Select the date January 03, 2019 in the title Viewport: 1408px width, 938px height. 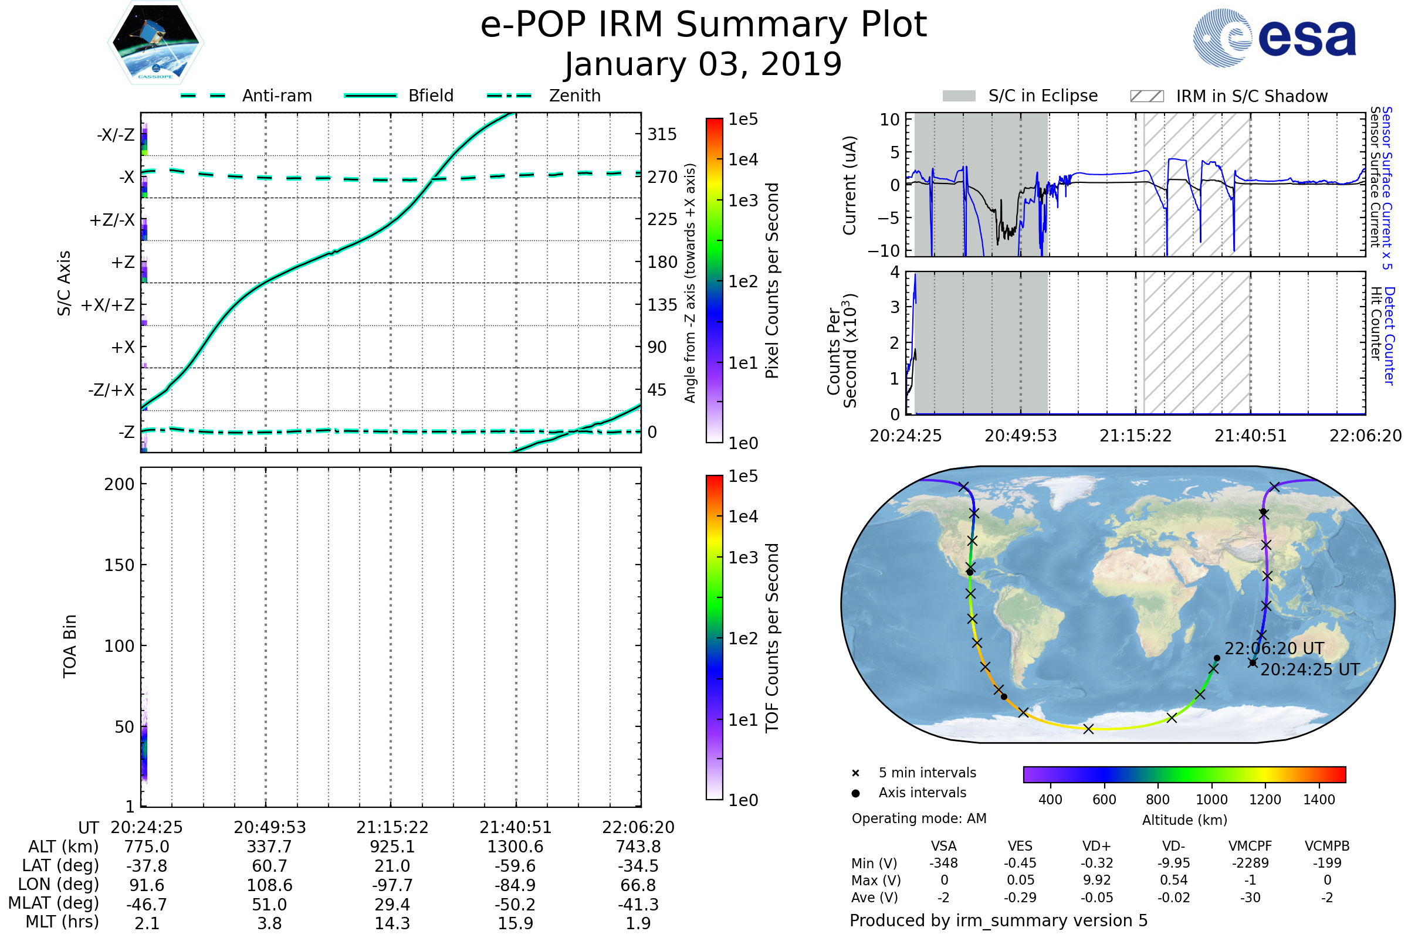point(703,64)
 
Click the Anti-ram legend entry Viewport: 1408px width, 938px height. point(276,96)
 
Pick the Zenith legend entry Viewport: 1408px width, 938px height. point(574,96)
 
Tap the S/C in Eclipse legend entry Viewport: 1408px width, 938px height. point(1043,96)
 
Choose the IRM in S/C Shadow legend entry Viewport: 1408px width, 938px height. point(1251,96)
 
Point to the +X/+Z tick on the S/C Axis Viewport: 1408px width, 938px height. point(108,305)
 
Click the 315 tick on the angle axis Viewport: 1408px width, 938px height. point(662,134)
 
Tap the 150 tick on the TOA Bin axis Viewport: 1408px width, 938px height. point(119,565)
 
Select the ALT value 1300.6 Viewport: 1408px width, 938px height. point(515,847)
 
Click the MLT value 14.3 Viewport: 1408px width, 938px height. point(392,923)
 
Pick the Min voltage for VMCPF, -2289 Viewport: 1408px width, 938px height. point(1250,863)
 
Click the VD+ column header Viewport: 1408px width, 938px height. point(1096,846)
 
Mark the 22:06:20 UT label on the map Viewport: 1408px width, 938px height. point(1274,648)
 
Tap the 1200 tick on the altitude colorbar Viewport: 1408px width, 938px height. point(1265,800)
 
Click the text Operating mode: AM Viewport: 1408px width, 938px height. point(919,818)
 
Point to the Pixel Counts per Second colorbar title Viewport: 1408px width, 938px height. point(772,280)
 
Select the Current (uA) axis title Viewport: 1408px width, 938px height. point(849,185)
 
